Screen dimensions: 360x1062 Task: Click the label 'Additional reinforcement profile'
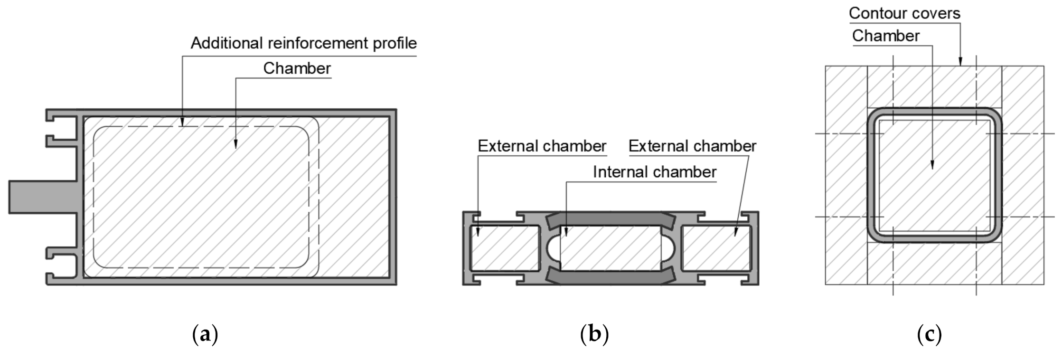303,43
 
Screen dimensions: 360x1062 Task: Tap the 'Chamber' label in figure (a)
297,68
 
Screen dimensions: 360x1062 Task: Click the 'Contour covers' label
904,13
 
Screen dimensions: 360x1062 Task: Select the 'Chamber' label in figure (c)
885,36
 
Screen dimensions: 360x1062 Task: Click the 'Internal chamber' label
654,172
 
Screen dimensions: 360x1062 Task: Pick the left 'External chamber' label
542,146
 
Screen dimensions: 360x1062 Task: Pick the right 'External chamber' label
692,146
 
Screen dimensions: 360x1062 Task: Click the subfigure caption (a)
205,335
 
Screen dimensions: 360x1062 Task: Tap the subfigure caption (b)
594,335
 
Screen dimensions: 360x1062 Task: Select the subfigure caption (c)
929,335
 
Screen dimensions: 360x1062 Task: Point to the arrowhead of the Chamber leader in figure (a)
236,145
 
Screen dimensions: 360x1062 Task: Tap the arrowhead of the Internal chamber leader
566,233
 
